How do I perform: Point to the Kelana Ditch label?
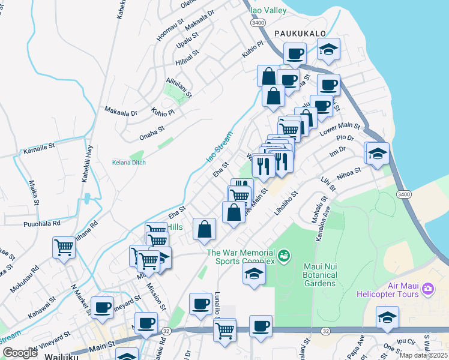[129, 162]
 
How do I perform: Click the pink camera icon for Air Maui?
[427, 289]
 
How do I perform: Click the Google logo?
[20, 353]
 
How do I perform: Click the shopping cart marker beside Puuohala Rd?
[64, 247]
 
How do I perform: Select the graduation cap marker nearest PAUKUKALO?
[328, 50]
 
